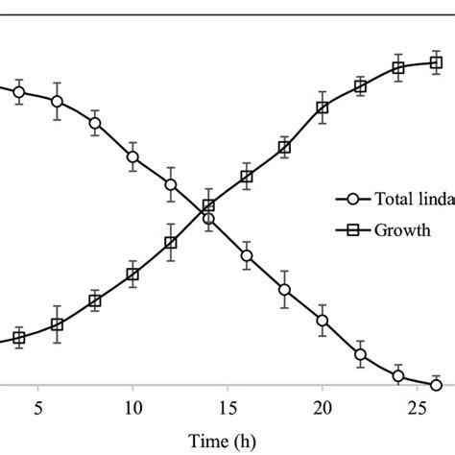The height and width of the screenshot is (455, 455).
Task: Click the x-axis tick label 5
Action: [37, 407]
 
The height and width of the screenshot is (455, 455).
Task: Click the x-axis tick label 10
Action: [132, 407]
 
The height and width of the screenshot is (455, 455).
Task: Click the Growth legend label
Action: [403, 230]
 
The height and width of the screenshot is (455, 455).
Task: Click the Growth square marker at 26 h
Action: [436, 62]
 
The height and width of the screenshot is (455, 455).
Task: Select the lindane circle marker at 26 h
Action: [436, 384]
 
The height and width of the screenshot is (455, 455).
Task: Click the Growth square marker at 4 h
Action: [19, 337]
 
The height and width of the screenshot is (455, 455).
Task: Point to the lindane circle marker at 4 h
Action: [19, 92]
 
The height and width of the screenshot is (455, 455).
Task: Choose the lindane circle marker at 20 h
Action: [323, 322]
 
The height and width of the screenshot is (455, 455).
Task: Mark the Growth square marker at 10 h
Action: [132, 275]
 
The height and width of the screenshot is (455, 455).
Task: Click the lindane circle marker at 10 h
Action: [132, 157]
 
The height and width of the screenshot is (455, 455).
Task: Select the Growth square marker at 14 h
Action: [208, 206]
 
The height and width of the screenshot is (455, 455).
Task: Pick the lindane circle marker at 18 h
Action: [284, 290]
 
